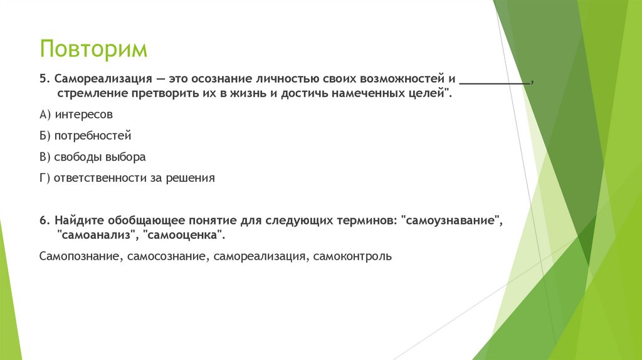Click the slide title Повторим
click(x=93, y=48)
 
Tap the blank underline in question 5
click(x=495, y=82)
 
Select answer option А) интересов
click(x=76, y=115)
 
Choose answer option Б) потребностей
click(x=85, y=135)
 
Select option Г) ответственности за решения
click(x=127, y=177)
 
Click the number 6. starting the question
click(x=43, y=221)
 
